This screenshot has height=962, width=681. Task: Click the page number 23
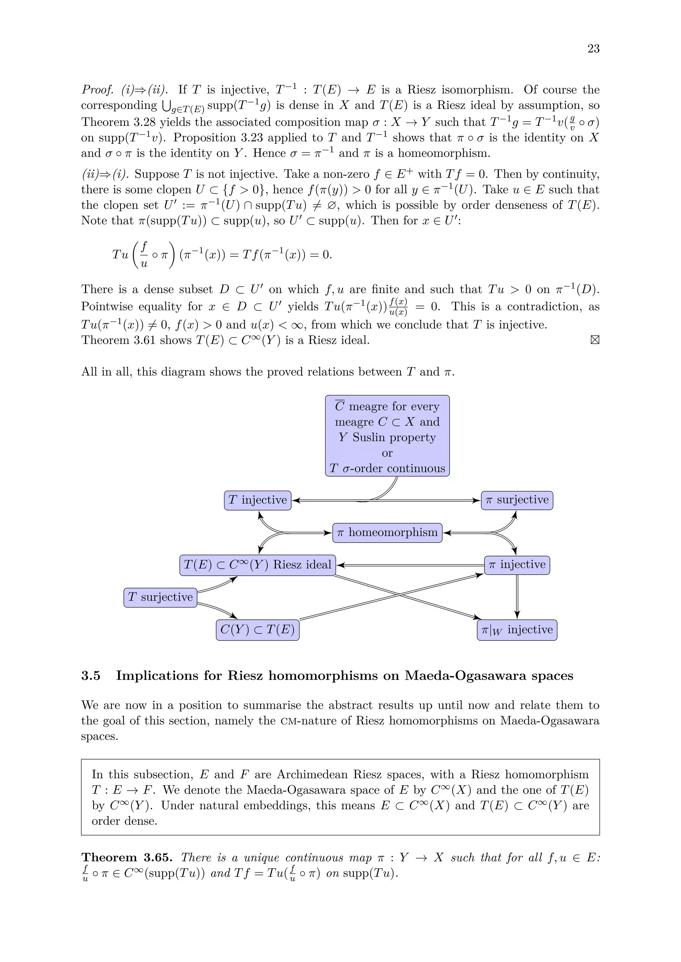[593, 48]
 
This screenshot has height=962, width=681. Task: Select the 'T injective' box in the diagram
[257, 500]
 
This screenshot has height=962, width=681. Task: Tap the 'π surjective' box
[517, 500]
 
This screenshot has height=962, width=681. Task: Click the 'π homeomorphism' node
[387, 532]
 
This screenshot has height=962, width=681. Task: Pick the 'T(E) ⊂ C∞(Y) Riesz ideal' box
[257, 565]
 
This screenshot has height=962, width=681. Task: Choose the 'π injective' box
[517, 565]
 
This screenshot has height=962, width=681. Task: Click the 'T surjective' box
[160, 597]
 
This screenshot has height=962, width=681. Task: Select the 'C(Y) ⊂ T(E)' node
[257, 630]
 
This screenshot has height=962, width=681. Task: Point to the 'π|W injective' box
[517, 630]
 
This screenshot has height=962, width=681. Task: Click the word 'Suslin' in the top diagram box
[367, 437]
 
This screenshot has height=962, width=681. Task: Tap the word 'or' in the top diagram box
[387, 453]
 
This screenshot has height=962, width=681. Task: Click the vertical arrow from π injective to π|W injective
[517, 597]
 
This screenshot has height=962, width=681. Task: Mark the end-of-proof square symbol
[594, 340]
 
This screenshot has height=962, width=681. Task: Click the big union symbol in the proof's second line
[165, 106]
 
